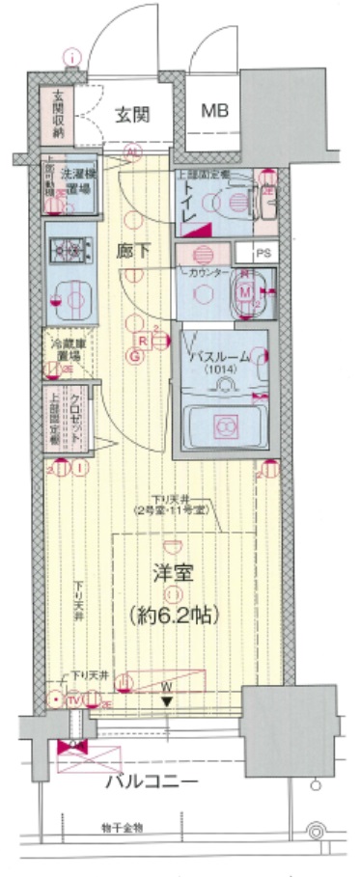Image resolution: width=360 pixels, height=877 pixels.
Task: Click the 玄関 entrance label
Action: click(x=132, y=115)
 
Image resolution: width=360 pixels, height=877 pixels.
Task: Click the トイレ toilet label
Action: click(x=188, y=200)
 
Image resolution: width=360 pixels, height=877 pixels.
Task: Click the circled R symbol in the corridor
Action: click(x=141, y=341)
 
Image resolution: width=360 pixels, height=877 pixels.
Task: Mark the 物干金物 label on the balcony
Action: click(x=121, y=828)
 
